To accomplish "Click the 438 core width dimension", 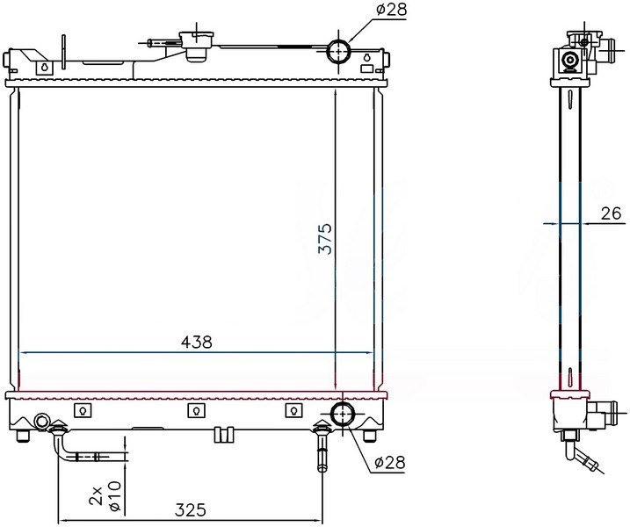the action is (196, 343).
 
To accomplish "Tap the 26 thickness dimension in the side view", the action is (612, 213).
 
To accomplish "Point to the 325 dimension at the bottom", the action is (190, 510).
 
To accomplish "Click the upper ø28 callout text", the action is (391, 10).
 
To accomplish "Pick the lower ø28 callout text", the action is (390, 463).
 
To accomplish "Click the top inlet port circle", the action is (338, 51).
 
